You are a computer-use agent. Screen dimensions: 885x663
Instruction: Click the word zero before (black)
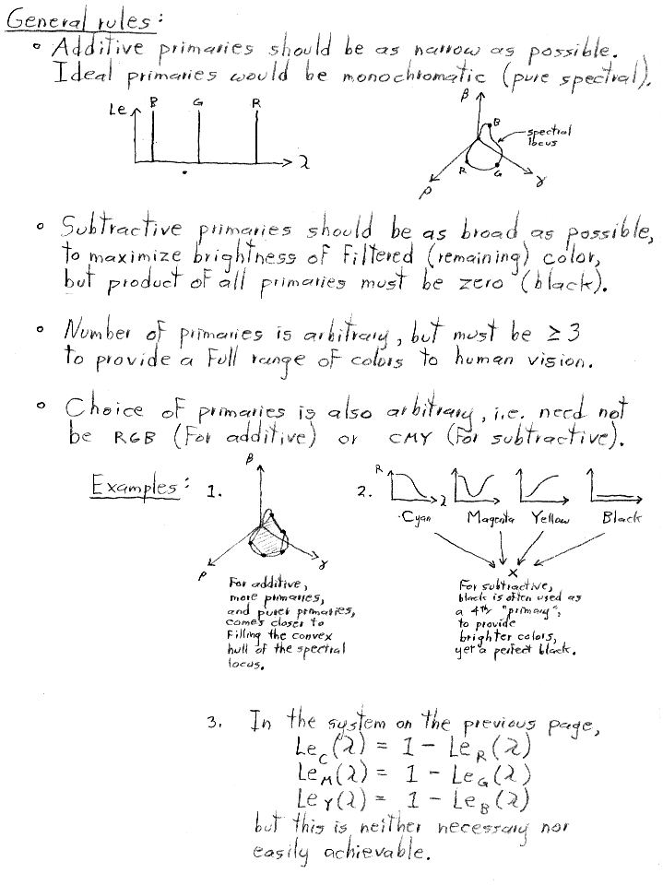coord(479,282)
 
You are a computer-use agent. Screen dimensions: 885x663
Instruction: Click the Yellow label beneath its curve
coord(551,519)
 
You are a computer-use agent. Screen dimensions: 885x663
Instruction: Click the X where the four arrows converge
coord(513,572)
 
